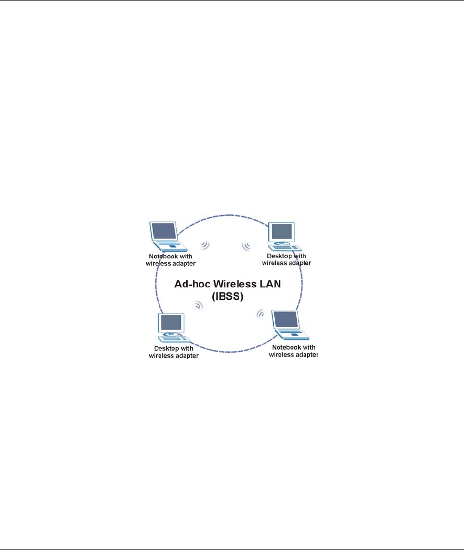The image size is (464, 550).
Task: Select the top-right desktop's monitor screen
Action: pos(282,231)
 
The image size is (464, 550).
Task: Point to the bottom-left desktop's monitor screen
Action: pos(172,322)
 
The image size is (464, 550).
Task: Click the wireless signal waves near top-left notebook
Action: pos(205,245)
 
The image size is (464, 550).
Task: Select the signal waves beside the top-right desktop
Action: pos(246,245)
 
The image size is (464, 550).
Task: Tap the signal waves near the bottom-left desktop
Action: pos(198,306)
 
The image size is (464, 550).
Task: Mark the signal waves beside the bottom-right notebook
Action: pos(261,315)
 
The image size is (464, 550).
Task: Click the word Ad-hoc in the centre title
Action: pos(191,284)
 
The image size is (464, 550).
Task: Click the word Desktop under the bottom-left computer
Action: pos(166,348)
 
